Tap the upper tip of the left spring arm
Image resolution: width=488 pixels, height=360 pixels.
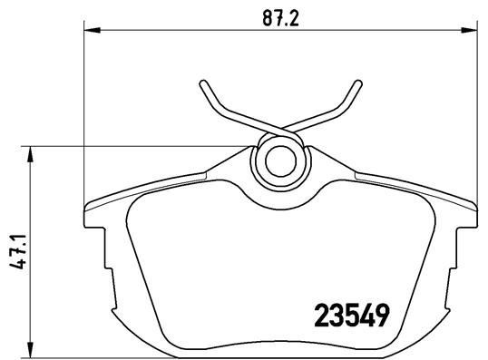[x=202, y=84]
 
